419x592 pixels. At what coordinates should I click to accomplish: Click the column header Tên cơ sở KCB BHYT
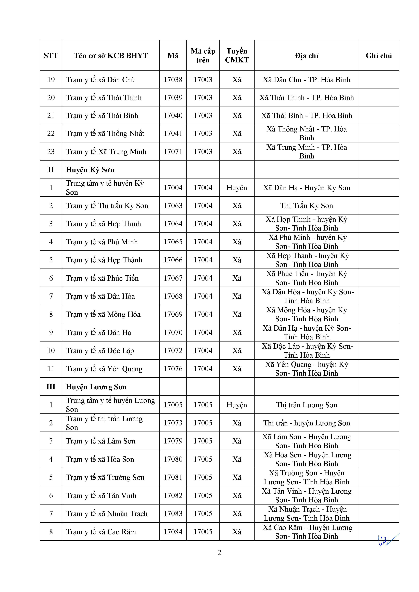111,55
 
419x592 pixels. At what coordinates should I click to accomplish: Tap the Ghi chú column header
378,55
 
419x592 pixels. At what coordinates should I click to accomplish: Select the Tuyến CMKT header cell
237,55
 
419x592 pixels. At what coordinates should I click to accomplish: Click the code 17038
173,80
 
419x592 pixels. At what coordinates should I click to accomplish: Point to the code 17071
173,152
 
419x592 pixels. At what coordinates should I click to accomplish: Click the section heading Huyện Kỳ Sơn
90,170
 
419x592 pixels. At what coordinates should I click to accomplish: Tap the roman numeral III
51,387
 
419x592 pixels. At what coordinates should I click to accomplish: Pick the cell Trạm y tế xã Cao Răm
101,532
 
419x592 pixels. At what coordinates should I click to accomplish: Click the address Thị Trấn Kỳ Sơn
307,206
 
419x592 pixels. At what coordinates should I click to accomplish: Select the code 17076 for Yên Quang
173,369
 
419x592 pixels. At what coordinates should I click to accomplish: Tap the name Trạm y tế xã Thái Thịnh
104,98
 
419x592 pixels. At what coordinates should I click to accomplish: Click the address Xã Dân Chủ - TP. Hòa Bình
307,80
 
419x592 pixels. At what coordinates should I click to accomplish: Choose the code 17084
173,532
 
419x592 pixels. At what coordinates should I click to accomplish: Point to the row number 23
51,152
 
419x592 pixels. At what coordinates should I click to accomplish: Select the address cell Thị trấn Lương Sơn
307,405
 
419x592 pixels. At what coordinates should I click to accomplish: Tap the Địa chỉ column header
307,55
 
